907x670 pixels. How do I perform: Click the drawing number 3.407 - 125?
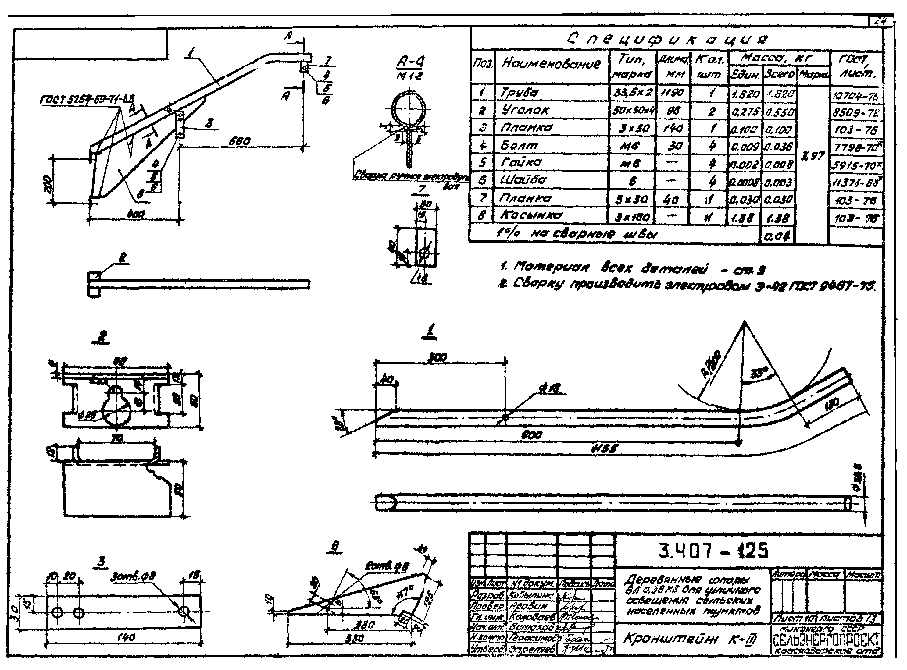(713, 551)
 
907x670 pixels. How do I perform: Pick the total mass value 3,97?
(812, 156)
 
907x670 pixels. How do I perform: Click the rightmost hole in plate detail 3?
(185, 611)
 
